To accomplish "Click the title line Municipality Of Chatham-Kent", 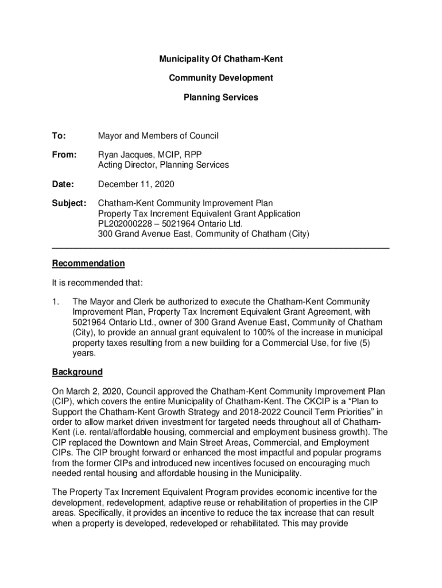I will tap(221, 59).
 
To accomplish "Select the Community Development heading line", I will tap(221, 78).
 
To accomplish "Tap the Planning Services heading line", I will tap(221, 98).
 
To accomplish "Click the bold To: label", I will tap(59, 136).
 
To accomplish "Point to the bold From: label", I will tap(64, 155).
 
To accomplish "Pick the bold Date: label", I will tap(63, 184).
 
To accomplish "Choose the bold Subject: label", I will tap(69, 203).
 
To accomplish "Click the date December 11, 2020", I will tap(136, 184).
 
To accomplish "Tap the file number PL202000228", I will tap(126, 223).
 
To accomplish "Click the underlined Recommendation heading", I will tap(88, 264).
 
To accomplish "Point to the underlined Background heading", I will tap(77, 372).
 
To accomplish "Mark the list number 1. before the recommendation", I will tap(56, 302).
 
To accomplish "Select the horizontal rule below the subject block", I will tap(221, 247).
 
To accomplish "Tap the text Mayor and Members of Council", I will tap(158, 136).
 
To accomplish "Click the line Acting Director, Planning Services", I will tap(164, 165).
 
